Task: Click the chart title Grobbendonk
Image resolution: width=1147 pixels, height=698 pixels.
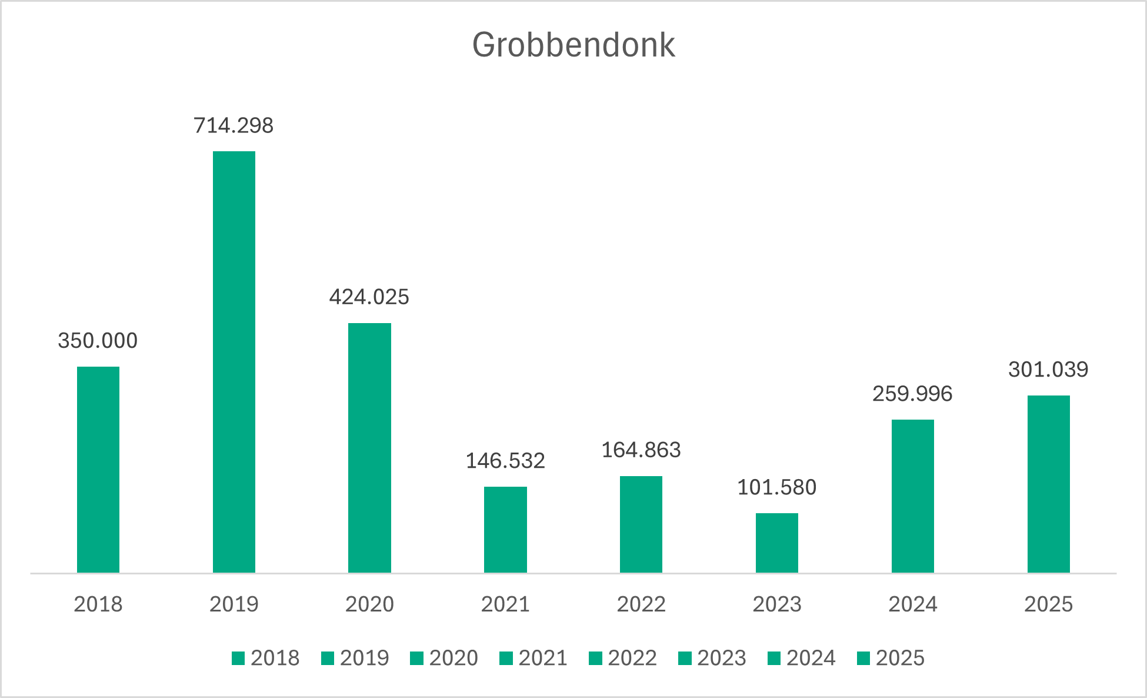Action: click(x=573, y=45)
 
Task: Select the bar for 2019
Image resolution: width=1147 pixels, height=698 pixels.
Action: click(x=234, y=362)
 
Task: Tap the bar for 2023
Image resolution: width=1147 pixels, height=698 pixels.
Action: click(x=777, y=543)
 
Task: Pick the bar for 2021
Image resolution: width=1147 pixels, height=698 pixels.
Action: click(x=505, y=530)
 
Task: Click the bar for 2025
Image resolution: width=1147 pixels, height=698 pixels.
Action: click(x=1048, y=484)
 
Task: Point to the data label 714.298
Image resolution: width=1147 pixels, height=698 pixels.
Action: click(x=234, y=125)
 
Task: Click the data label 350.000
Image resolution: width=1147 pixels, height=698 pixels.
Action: click(x=98, y=341)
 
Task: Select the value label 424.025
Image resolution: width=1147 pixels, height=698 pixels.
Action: click(x=369, y=297)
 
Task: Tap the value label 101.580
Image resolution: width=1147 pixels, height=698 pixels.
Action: click(x=776, y=487)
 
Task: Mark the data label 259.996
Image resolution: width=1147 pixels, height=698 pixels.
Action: click(x=912, y=394)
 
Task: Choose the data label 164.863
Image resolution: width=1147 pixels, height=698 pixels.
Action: click(x=641, y=450)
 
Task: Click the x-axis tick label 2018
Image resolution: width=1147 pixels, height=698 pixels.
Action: click(x=98, y=604)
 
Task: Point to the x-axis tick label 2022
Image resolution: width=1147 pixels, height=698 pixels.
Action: click(x=641, y=604)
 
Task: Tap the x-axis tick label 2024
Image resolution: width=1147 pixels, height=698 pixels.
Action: click(x=912, y=604)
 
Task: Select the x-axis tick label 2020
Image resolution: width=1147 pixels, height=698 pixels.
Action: click(x=369, y=604)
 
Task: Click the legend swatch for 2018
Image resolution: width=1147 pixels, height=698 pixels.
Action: click(x=238, y=658)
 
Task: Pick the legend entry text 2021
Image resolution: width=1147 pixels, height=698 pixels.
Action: click(x=543, y=658)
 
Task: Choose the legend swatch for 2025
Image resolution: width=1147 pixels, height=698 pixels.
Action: click(x=863, y=658)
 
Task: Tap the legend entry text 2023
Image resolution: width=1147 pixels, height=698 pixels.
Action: click(x=722, y=658)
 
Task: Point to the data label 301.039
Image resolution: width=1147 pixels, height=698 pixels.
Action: click(x=1048, y=370)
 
